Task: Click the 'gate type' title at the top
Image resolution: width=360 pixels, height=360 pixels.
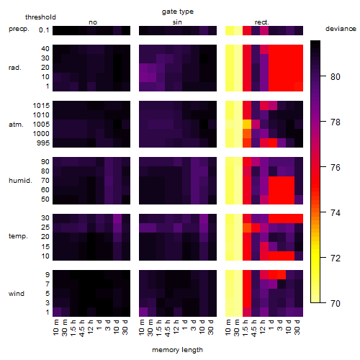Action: point(178,12)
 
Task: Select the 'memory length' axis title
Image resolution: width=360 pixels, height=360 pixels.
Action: point(178,350)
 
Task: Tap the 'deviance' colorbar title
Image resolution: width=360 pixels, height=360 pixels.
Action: point(341,29)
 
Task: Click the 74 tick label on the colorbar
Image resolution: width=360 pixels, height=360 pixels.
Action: point(336,212)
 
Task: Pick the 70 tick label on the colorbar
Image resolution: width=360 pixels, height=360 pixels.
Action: point(336,303)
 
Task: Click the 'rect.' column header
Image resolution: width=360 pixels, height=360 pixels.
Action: point(262,22)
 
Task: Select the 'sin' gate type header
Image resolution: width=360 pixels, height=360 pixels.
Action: point(177,22)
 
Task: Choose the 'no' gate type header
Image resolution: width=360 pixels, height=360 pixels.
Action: point(93,22)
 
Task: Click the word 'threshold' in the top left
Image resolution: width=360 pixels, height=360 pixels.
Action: point(40,17)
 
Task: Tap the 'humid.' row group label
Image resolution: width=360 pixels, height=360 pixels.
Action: point(20,181)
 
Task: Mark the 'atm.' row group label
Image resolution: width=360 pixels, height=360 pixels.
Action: point(16,125)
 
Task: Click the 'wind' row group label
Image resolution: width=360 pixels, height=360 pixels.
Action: point(17,294)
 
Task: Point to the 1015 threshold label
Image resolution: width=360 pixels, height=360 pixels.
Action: point(41,106)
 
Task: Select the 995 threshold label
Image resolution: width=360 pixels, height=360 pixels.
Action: point(43,143)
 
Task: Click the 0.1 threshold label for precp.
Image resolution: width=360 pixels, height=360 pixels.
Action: point(44,30)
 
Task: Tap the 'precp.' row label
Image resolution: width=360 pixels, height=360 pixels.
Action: point(19,29)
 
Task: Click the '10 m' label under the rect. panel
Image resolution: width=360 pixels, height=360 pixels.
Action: point(228,327)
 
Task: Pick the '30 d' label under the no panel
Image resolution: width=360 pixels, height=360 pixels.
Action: point(125,327)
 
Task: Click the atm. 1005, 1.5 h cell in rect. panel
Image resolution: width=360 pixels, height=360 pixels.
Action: point(247,125)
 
